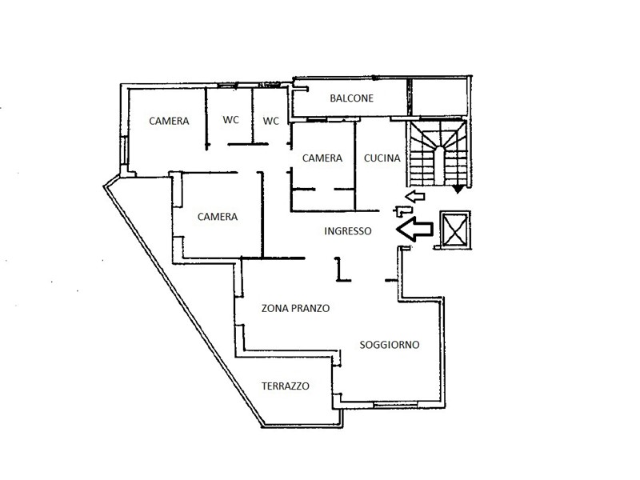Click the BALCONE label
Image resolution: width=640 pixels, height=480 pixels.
[x=351, y=98]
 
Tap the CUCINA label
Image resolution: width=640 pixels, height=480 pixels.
[x=382, y=158]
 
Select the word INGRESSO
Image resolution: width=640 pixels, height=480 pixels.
[x=348, y=231]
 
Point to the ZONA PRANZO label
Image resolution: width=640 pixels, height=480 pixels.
[x=295, y=308]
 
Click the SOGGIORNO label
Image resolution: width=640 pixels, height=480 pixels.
[x=390, y=345]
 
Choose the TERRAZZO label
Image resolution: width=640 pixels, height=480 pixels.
[x=286, y=386]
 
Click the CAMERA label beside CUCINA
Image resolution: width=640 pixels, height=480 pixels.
[x=322, y=158]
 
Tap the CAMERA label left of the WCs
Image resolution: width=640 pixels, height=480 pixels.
[x=169, y=121]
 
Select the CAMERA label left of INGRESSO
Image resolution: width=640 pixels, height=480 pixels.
[x=218, y=216]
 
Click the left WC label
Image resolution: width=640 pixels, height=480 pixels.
[x=230, y=120]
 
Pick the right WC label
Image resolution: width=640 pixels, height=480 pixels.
[x=271, y=121]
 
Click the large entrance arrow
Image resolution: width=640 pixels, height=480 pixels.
[x=414, y=229]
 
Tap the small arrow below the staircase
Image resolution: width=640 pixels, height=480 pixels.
[x=414, y=196]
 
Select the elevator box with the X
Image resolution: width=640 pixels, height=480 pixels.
[x=455, y=230]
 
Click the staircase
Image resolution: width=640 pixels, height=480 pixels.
[x=438, y=153]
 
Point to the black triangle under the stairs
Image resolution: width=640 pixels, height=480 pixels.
[x=458, y=189]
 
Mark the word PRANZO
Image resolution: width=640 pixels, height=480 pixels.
[x=310, y=308]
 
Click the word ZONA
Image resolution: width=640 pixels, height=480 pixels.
[x=274, y=308]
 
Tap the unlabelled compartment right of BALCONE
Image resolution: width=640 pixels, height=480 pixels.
[x=439, y=97]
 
